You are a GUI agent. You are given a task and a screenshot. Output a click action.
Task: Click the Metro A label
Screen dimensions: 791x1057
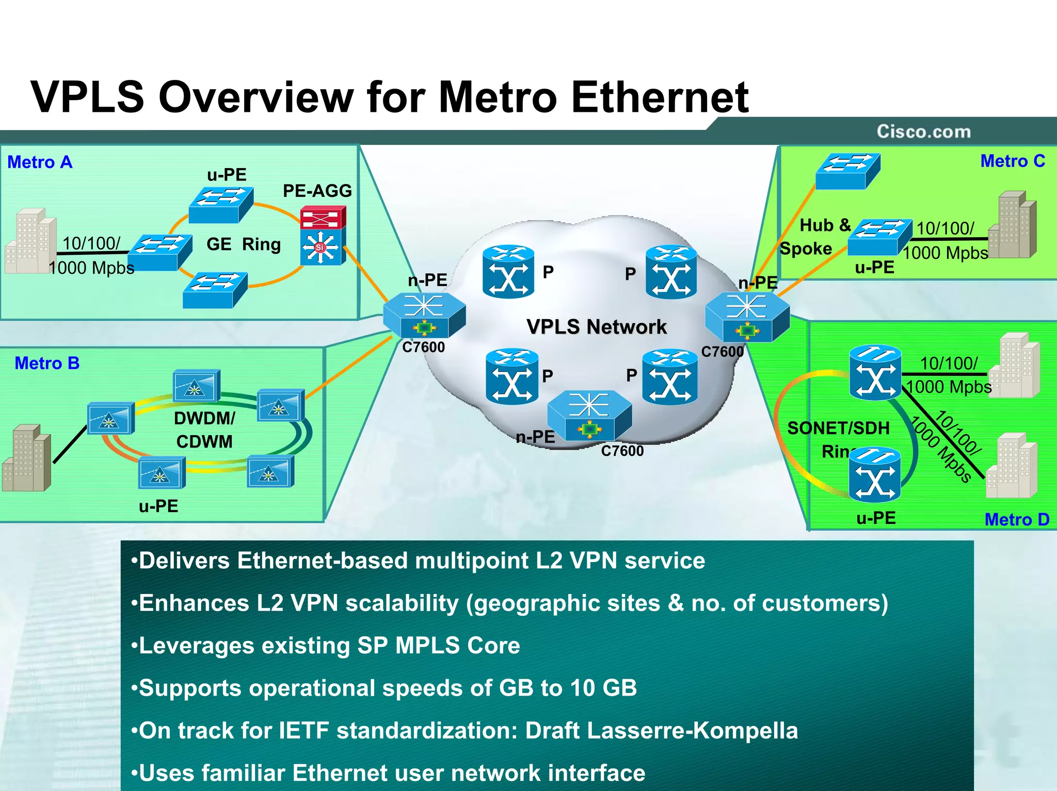(x=40, y=162)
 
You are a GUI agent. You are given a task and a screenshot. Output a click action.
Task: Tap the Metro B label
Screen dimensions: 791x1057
(x=47, y=363)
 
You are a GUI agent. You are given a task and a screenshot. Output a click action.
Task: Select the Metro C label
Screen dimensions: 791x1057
(x=1012, y=161)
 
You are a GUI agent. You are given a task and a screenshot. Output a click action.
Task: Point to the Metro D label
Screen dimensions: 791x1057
(x=1016, y=519)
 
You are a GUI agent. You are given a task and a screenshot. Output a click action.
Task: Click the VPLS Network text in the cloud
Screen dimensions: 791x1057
(x=596, y=327)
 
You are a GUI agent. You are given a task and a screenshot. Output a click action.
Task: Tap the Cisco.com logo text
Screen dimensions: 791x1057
(x=923, y=131)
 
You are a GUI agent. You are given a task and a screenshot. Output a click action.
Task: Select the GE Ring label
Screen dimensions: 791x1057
(x=244, y=244)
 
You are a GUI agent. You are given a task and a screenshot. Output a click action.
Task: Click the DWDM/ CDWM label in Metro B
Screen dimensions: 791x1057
(x=204, y=430)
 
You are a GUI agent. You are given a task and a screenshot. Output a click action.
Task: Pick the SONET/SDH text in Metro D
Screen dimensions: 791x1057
(x=838, y=428)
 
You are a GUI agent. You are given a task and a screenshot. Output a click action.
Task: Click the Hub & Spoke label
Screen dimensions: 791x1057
(x=815, y=237)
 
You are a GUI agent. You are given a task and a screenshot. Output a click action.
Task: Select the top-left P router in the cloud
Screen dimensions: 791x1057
(x=508, y=271)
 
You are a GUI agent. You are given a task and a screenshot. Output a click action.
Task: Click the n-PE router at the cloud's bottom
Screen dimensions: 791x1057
(x=589, y=416)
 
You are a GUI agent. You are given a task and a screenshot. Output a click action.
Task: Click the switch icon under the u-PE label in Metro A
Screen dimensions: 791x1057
(x=221, y=205)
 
